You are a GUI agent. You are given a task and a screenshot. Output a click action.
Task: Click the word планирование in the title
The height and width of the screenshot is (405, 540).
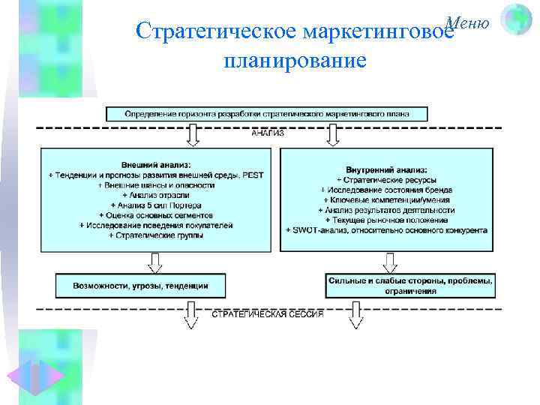[295, 59]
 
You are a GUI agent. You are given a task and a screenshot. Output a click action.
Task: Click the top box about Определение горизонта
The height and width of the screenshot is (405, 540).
[267, 114]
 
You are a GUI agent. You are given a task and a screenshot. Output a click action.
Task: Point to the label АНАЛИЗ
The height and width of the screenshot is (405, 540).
[267, 134]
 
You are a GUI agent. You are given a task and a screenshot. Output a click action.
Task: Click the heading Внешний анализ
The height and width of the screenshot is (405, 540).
[156, 164]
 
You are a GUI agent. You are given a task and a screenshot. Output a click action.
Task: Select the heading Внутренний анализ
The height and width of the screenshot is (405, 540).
[387, 169]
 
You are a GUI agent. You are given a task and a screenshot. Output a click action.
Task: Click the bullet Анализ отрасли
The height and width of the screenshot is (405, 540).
[156, 194]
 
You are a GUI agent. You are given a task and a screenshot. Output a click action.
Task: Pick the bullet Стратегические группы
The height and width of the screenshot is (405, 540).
[156, 235]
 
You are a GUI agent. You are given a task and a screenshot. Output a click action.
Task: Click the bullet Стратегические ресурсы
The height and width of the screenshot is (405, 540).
[387, 180]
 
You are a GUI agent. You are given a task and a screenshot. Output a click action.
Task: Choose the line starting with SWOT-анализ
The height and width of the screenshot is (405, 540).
[387, 230]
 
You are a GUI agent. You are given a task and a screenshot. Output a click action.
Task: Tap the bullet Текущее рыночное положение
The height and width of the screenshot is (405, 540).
[387, 220]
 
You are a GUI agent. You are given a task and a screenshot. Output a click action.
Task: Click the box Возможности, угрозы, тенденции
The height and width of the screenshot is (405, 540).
[141, 286]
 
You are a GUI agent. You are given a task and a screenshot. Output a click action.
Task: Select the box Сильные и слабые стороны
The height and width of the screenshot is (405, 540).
[410, 286]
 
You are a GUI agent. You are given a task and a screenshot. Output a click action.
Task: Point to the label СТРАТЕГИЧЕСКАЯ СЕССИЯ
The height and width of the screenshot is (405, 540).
[268, 314]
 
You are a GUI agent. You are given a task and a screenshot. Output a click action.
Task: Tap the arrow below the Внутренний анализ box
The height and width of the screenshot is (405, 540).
[390, 262]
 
